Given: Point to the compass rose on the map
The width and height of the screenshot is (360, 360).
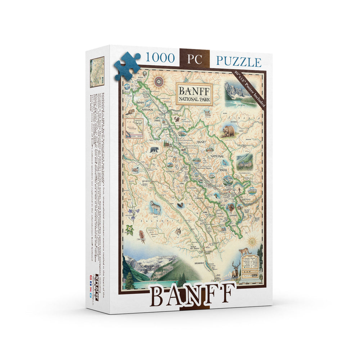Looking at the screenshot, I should [159, 81].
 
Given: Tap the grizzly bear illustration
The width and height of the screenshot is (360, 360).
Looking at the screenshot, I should [228, 131].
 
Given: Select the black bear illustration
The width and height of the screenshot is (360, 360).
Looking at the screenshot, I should [154, 149].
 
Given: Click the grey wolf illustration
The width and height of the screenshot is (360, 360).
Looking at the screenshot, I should [155, 208].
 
